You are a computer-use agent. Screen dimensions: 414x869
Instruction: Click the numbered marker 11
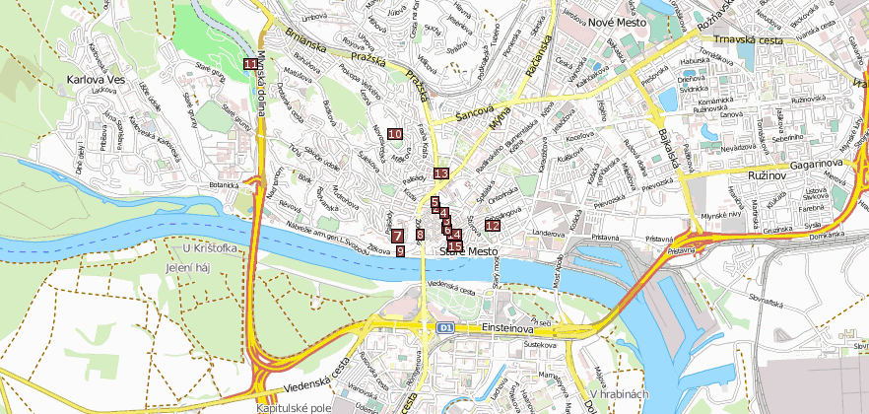coord(251,64)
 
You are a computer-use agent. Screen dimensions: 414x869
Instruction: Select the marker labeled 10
coord(395,134)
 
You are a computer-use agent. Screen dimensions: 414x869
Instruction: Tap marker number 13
coord(441,173)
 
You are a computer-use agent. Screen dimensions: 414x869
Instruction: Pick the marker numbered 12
coord(492,225)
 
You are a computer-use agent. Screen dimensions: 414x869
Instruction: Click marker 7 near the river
coord(397,236)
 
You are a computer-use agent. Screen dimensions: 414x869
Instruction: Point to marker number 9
coord(400,251)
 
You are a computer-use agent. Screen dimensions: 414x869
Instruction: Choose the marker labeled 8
coord(420,235)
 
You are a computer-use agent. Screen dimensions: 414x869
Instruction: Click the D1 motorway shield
coord(446,326)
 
